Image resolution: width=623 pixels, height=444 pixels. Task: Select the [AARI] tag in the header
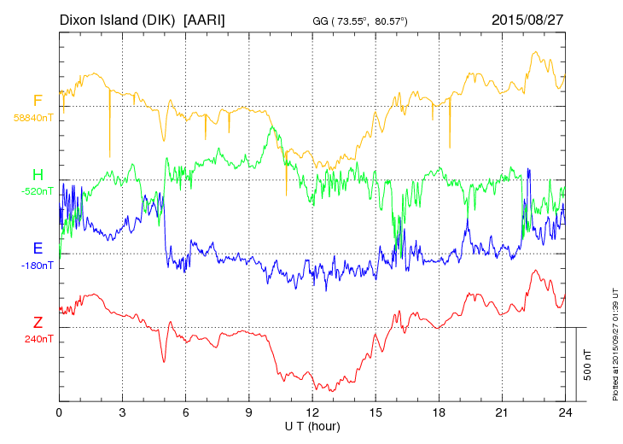pos(205,19)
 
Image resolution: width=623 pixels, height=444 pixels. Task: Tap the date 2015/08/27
pos(528,19)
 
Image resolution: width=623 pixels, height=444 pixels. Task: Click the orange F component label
pos(38,101)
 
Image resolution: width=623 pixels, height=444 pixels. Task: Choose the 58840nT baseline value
pos(32,117)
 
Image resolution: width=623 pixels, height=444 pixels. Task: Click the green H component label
pos(38,175)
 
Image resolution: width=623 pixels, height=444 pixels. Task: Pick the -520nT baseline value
pos(35,190)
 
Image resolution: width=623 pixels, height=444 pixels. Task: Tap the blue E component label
pos(38,249)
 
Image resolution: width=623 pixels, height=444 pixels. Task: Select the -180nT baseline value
pos(36,265)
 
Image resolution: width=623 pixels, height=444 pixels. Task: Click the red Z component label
pos(38,323)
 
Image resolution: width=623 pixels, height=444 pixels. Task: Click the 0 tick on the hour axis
pos(59,412)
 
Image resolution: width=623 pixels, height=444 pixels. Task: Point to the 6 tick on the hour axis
pos(186,412)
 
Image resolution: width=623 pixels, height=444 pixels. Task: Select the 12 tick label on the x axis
pos(313,412)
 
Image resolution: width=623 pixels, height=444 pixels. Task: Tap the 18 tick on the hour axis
pos(440,412)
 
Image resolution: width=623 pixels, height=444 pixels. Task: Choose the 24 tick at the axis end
pos(566,412)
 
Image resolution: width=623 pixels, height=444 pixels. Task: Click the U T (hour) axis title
pos(312,425)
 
